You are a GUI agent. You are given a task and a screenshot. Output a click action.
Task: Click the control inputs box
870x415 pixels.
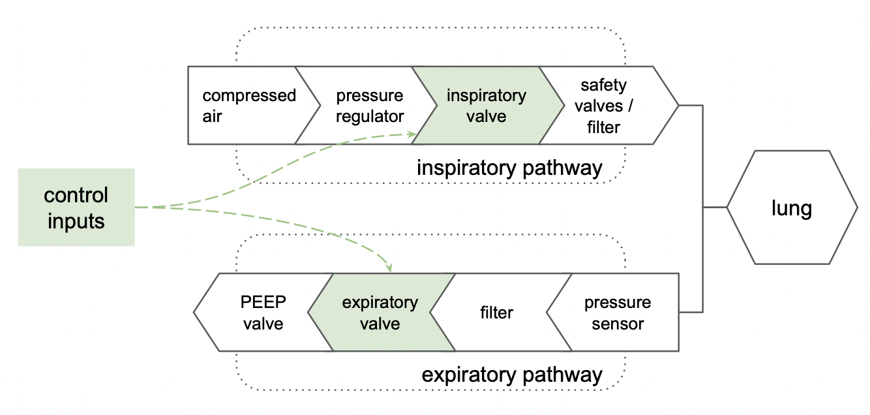pyautogui.click(x=76, y=207)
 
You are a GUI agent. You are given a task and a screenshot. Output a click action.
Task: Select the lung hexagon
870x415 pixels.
pyautogui.click(x=792, y=207)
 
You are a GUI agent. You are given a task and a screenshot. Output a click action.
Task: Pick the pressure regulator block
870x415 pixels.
pyautogui.click(x=366, y=105)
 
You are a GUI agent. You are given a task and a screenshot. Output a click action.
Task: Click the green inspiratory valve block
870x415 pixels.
pyautogui.click(x=488, y=105)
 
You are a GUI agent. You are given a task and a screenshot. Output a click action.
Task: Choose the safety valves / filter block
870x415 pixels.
pyautogui.click(x=608, y=105)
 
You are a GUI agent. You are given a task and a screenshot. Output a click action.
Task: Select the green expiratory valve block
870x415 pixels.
pyautogui.click(x=382, y=313)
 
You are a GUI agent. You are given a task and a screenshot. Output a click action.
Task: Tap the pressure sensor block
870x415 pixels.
pyautogui.click(x=613, y=313)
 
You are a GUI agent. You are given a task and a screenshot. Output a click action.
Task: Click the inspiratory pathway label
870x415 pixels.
pyautogui.click(x=509, y=168)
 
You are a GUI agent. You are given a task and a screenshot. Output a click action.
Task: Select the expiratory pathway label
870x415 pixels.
pyautogui.click(x=512, y=375)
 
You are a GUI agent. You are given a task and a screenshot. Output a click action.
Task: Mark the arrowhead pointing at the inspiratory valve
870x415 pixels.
pyautogui.click(x=412, y=134)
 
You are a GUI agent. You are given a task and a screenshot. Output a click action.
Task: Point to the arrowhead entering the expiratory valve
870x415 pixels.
pyautogui.click(x=389, y=268)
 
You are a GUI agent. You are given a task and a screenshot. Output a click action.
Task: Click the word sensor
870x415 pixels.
pyautogui.click(x=618, y=324)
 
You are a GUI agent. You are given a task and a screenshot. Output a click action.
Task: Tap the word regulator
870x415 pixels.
pyautogui.click(x=370, y=117)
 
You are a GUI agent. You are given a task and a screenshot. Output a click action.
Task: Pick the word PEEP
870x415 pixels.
pyautogui.click(x=263, y=302)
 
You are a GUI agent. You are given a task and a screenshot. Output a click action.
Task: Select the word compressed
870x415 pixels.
pyautogui.click(x=249, y=96)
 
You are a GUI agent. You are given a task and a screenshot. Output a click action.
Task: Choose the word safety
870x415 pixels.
pyautogui.click(x=603, y=85)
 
